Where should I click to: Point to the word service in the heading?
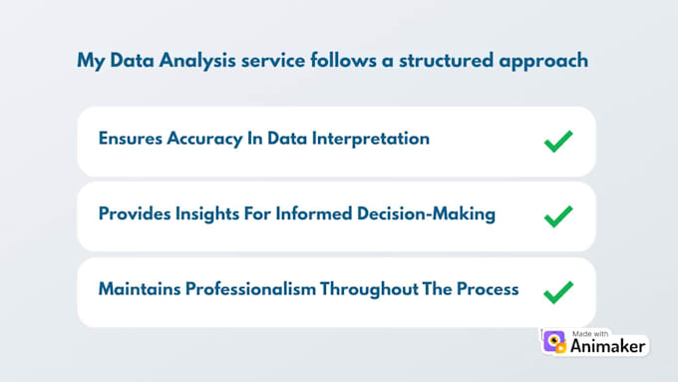(279, 61)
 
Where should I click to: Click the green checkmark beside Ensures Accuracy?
(558, 141)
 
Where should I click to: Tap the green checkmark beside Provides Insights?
(558, 215)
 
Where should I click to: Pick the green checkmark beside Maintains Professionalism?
(558, 291)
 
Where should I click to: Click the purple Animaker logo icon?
(554, 341)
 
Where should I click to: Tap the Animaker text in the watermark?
(608, 347)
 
